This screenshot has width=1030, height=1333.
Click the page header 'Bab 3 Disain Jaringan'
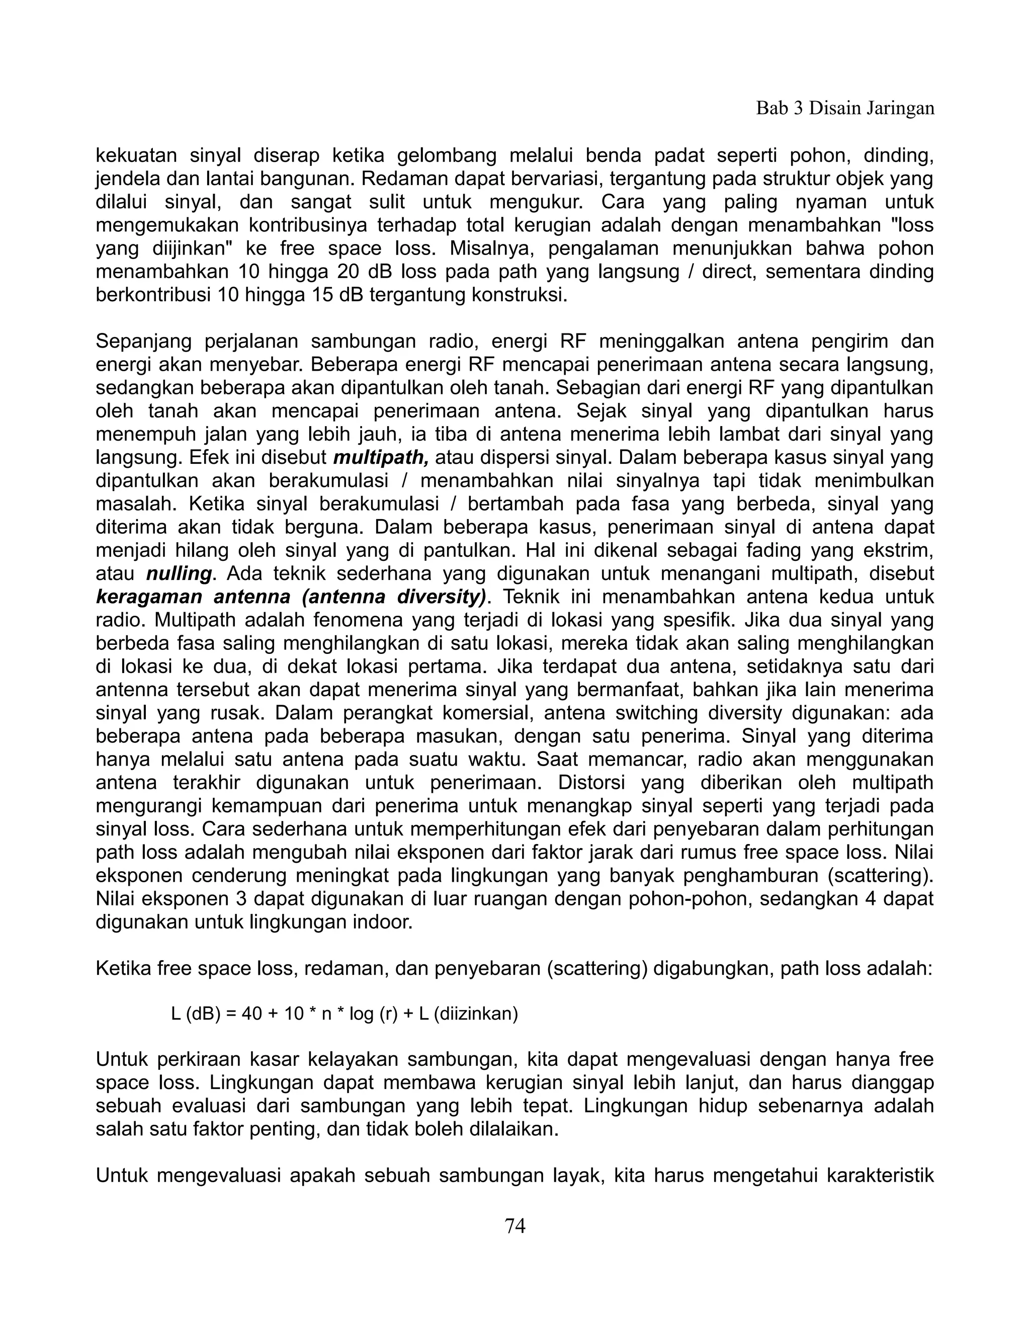click(x=845, y=109)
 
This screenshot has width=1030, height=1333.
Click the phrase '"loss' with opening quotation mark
click(x=912, y=226)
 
